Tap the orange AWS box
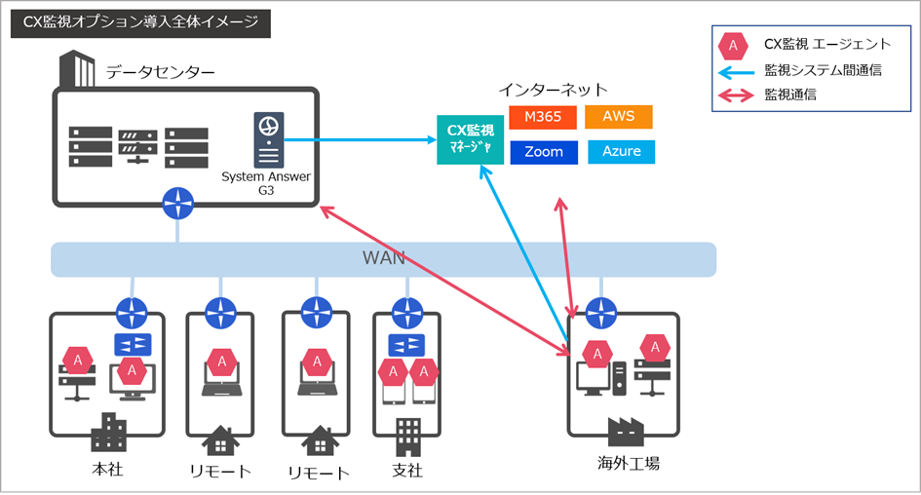618,117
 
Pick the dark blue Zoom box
543,152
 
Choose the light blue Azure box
621,152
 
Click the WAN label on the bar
383,259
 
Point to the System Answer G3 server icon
269,140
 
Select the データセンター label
161,72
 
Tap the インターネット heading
553,90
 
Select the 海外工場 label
629,463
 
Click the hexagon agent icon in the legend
733,46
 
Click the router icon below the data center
178,204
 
